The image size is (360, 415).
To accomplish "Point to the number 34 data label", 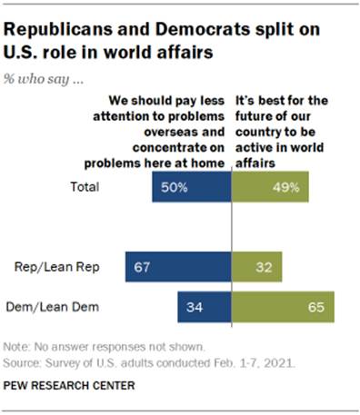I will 193,306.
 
